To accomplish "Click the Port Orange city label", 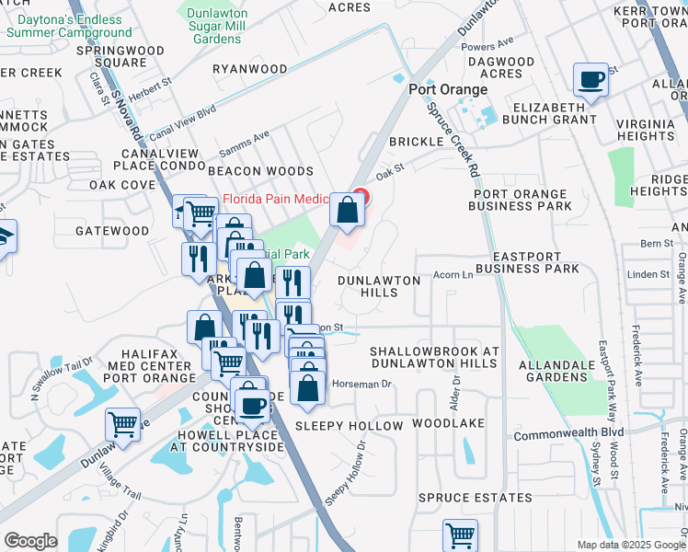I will coord(448,89).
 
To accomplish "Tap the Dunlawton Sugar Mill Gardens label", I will coord(226,26).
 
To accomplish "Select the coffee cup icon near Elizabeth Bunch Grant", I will coord(591,79).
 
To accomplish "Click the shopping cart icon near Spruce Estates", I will coord(460,535).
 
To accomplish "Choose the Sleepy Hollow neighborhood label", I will coord(350,426).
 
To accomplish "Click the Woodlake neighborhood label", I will coord(448,423).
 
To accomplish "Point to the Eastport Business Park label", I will coord(535,262).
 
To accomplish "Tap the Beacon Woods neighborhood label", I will coord(260,171).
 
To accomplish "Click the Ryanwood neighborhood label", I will coord(250,69).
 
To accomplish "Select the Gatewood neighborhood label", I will coord(112,230).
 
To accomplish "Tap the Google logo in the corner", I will coord(30,541).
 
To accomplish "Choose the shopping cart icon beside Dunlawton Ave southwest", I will coord(122,423).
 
